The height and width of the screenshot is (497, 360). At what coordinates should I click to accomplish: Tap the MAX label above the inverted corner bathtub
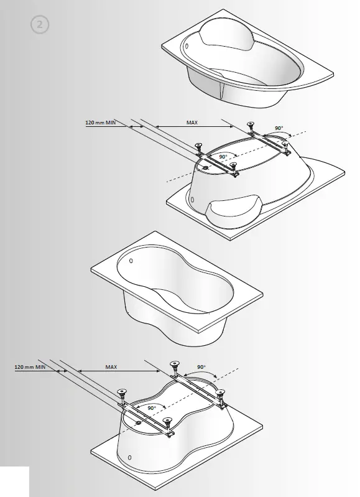click(192, 123)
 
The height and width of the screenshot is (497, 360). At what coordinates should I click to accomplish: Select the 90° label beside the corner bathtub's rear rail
click(279, 129)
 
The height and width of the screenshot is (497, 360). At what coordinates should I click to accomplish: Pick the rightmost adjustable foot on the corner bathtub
click(287, 146)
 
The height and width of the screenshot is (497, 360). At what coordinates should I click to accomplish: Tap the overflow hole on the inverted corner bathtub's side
click(192, 200)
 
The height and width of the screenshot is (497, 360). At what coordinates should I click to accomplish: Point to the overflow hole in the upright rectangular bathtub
click(130, 262)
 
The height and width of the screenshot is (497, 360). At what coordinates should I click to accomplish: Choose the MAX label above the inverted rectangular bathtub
click(111, 368)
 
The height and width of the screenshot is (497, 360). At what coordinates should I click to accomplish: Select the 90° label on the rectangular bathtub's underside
click(147, 407)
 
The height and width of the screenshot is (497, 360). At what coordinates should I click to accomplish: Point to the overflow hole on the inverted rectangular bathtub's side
click(130, 458)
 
